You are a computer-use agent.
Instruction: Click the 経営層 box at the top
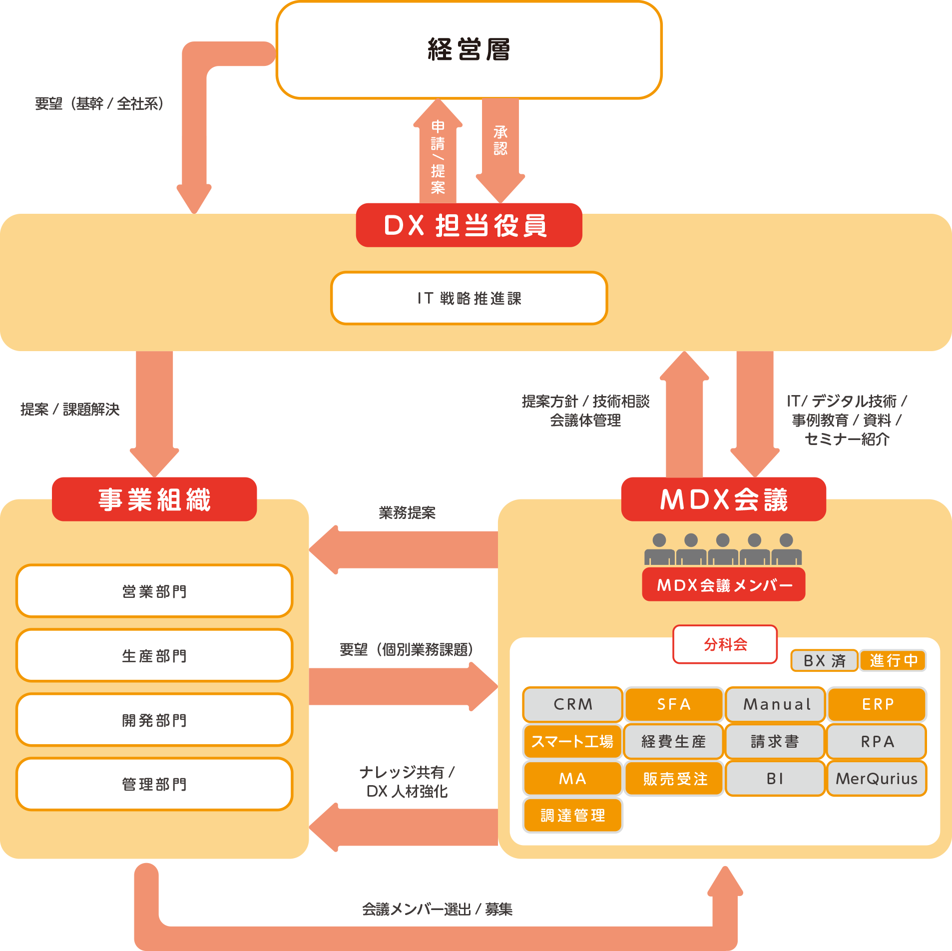pos(469,49)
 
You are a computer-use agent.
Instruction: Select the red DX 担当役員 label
pos(469,225)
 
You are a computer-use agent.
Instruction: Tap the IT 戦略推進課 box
pos(469,298)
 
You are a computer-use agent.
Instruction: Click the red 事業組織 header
pos(154,499)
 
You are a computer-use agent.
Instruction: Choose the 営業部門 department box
pos(154,591)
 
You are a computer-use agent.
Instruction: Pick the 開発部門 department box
pos(154,720)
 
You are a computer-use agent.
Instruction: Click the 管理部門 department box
pos(154,784)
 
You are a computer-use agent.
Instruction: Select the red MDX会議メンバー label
pos(724,584)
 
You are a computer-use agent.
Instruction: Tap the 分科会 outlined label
pos(725,644)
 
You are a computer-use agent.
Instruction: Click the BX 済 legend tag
pos(824,660)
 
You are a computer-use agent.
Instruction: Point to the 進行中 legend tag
pos(893,660)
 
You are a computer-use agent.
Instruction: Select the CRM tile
pos(572,704)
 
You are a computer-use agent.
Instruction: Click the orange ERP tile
pos(877,704)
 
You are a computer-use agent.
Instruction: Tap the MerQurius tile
pos(877,778)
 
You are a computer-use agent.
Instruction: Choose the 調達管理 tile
pos(572,816)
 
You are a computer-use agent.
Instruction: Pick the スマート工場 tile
pos(572,741)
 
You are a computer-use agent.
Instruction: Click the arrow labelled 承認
pos(500,150)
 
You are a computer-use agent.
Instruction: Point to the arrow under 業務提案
pos(405,549)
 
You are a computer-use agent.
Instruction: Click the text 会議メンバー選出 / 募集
pos(437,909)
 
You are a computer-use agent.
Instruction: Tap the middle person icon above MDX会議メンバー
pos(723,549)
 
